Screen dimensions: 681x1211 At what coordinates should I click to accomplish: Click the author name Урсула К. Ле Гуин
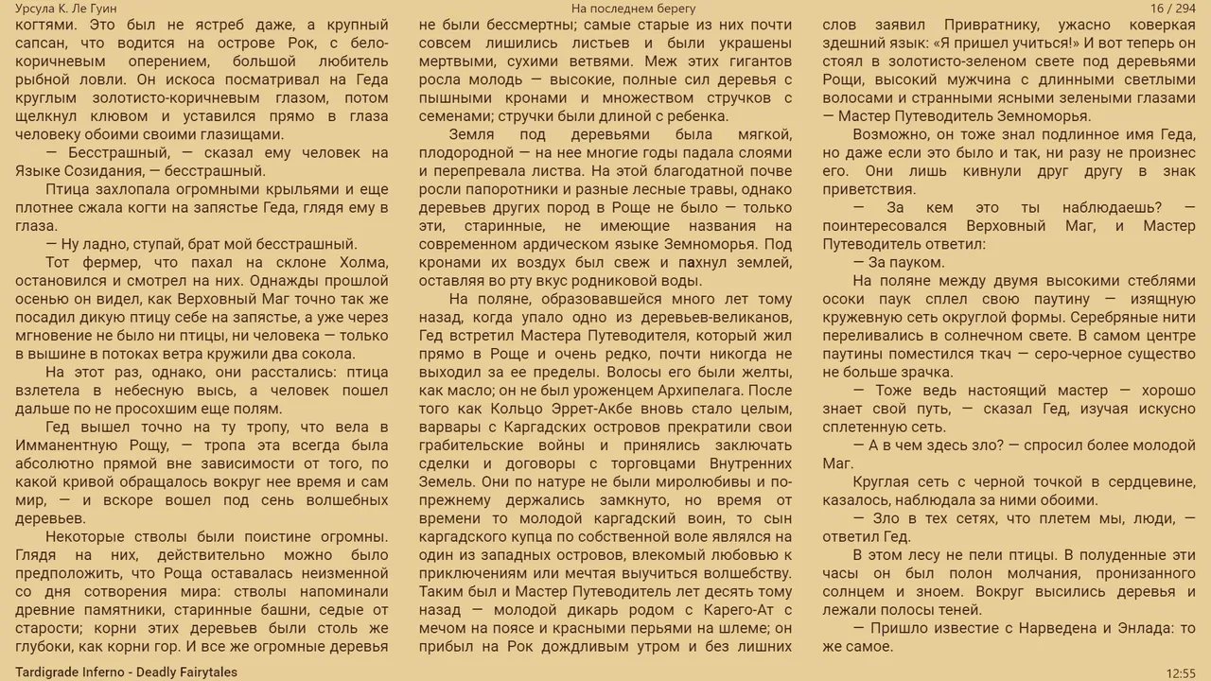[65, 9]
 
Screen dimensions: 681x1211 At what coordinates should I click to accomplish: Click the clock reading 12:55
[1181, 672]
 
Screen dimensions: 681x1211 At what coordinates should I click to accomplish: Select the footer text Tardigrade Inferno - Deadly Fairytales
[126, 672]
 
